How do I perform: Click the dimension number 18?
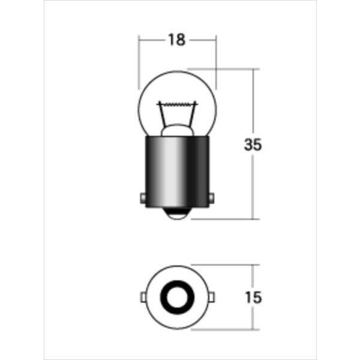[x=176, y=40]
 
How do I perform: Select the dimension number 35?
[x=254, y=145]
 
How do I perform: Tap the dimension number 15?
[x=254, y=297]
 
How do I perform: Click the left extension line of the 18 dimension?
[x=139, y=60]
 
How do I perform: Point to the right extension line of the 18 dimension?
[x=215, y=60]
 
